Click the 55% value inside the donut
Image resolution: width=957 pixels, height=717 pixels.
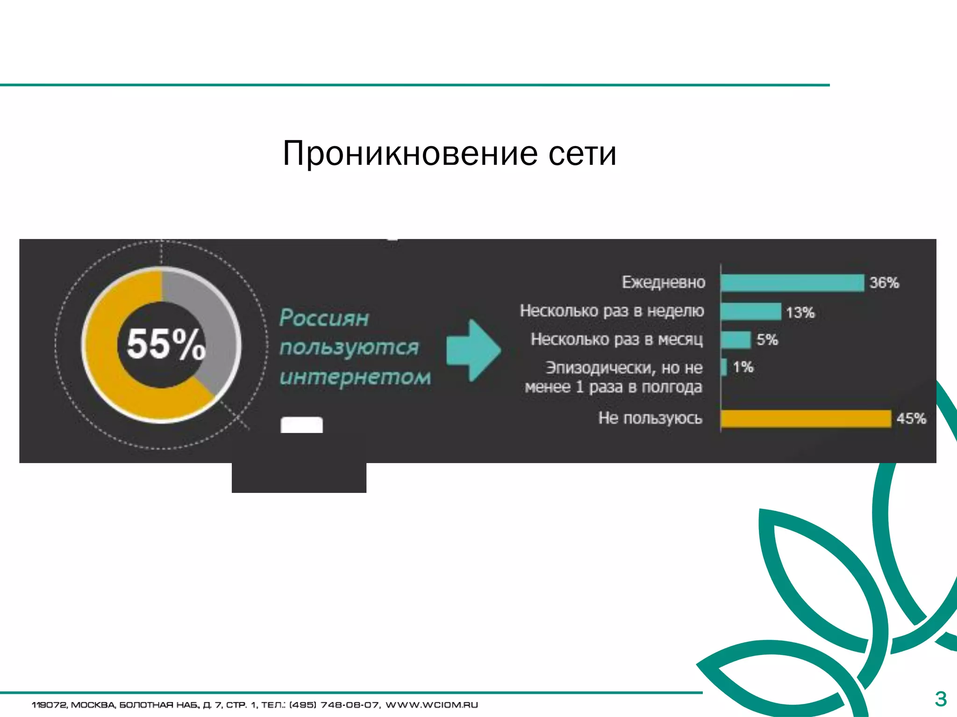(166, 344)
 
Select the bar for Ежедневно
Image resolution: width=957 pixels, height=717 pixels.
(792, 283)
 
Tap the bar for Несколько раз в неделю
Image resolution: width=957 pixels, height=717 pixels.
(750, 311)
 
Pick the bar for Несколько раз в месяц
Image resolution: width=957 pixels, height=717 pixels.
(736, 339)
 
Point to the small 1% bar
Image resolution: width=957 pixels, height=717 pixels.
(724, 367)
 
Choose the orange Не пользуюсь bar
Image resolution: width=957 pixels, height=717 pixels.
(806, 418)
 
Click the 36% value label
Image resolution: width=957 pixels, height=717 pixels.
(884, 283)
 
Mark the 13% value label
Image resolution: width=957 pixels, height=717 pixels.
(800, 312)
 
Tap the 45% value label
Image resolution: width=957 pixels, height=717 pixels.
(911, 418)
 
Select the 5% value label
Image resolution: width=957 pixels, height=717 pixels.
(767, 340)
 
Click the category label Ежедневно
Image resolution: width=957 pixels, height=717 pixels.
(664, 282)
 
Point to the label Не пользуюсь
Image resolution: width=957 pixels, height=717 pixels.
(650, 418)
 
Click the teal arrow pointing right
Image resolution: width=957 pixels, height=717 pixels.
(473, 350)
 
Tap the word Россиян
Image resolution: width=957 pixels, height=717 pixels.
(324, 318)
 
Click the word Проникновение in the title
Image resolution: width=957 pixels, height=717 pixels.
(410, 154)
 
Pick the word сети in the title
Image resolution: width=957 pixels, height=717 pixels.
(582, 154)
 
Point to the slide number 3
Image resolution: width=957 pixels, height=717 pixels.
(941, 699)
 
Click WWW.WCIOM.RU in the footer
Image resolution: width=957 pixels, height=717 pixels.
(431, 705)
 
